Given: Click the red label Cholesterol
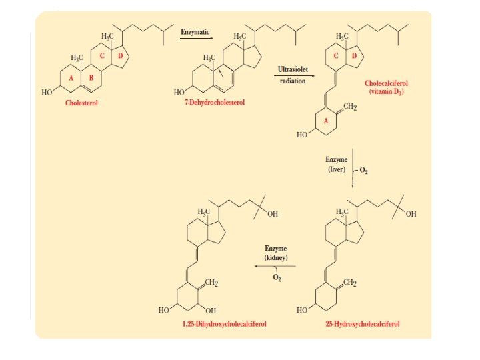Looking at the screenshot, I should point(81,103).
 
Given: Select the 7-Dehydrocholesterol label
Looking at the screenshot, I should point(215,103).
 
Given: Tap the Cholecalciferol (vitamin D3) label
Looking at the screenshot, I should point(386,87).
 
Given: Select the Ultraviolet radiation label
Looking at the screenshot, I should point(293,75).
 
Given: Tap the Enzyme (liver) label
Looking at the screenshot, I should point(336,165).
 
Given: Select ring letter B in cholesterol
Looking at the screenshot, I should point(91,78).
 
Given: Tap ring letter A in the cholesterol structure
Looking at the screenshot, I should point(71,78).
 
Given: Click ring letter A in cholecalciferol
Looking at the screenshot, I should point(326,121).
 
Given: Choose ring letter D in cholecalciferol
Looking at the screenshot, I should point(354,55).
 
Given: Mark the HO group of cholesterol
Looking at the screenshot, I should point(47,93).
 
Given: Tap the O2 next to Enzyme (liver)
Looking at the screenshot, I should point(364,171).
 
